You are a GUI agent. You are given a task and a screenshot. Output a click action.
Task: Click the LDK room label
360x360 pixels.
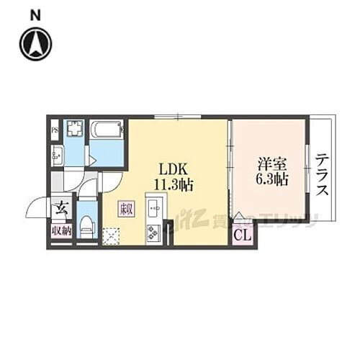pyautogui.click(x=174, y=169)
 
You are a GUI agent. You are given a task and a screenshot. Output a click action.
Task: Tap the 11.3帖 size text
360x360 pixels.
pyautogui.click(x=174, y=186)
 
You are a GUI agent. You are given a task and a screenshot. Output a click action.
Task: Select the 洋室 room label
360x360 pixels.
pyautogui.click(x=269, y=163)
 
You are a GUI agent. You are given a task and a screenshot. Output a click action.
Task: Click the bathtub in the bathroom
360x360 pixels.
pyautogui.click(x=107, y=131)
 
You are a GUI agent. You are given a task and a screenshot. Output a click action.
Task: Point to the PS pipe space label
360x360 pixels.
pyautogui.click(x=55, y=131)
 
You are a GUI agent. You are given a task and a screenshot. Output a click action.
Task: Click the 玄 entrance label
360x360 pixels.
pyautogui.click(x=61, y=209)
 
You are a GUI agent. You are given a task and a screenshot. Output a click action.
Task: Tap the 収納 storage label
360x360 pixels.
pyautogui.click(x=61, y=231)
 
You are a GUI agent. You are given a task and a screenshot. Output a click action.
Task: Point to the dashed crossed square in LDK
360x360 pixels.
pyautogui.click(x=112, y=235)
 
